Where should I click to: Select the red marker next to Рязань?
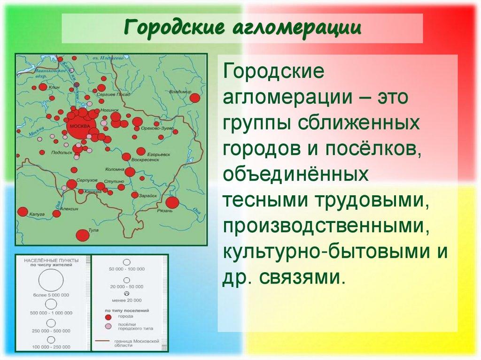[172, 203]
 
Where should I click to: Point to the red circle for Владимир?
[194, 98]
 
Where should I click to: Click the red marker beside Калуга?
[23, 212]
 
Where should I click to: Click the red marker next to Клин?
[43, 87]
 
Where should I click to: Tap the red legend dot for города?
[109, 317]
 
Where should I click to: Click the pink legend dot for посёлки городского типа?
[109, 326]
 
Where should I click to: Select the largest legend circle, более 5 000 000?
[51, 281]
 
